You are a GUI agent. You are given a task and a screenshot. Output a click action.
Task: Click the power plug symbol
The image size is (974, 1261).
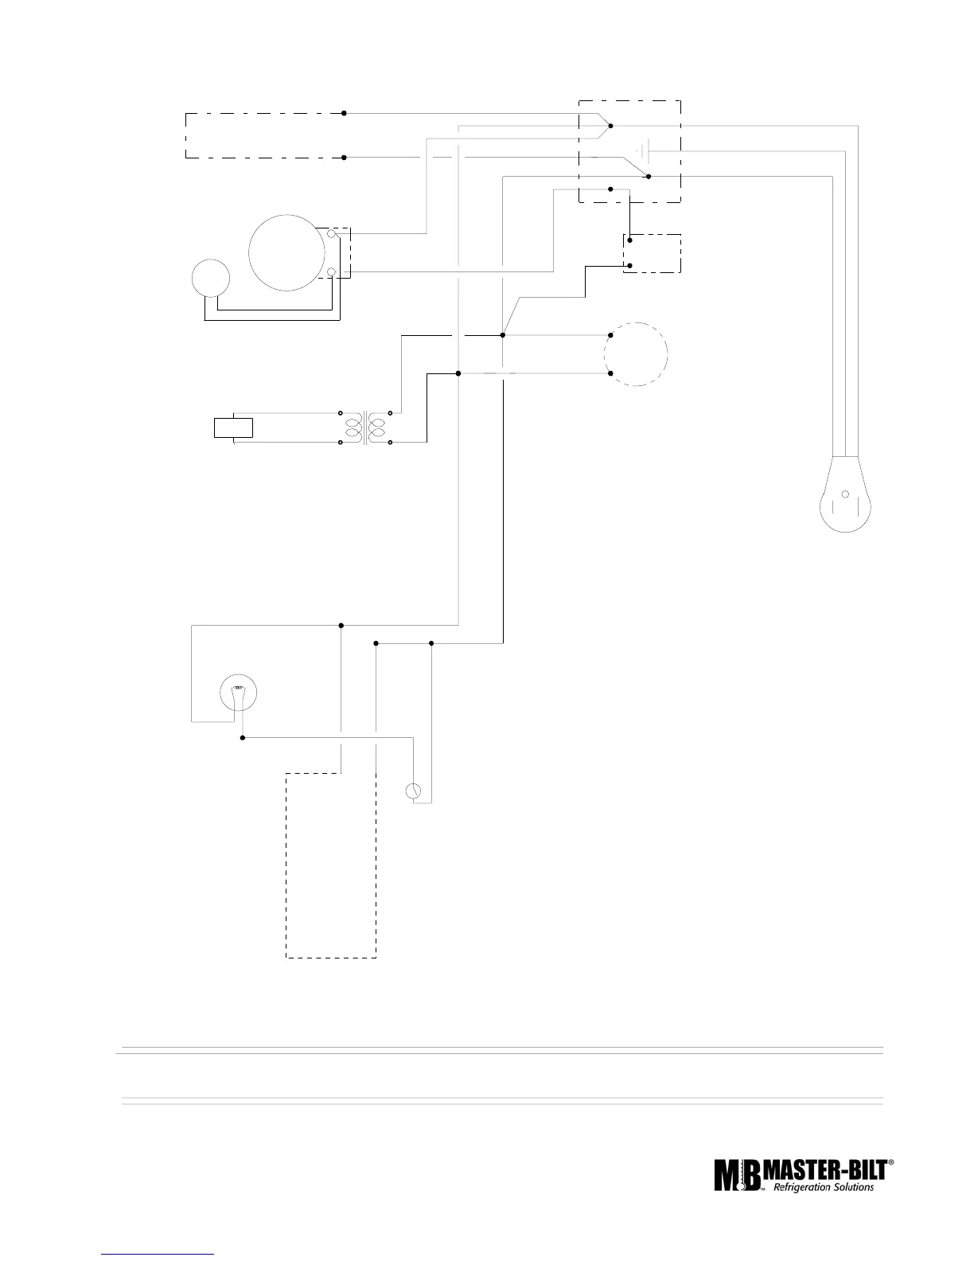coord(845,498)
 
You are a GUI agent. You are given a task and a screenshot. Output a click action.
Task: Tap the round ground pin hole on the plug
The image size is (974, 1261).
coord(845,494)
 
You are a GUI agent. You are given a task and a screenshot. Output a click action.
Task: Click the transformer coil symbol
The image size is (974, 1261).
coord(365,427)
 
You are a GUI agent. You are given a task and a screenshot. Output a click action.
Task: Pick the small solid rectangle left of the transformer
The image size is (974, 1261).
coord(234,427)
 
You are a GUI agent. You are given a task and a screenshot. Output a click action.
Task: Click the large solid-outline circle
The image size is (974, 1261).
coord(287,252)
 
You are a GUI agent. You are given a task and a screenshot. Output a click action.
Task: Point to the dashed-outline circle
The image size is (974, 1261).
coord(635,354)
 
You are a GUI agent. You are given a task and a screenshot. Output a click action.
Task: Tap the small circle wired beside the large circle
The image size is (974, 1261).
coord(211,278)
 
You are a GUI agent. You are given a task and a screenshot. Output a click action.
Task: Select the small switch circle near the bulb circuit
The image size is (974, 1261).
coord(413,791)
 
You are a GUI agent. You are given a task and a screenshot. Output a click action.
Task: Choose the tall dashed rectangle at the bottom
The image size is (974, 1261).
coord(331,865)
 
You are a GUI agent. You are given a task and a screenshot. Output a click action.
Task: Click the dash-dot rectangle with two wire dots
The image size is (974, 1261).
coord(264,135)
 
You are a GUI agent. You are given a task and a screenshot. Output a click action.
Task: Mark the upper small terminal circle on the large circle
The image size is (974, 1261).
coord(331,234)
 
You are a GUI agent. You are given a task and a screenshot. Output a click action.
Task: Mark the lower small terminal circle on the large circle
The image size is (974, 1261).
coord(331,273)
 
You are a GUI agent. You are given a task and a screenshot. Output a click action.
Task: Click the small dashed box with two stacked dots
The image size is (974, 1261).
coord(651,253)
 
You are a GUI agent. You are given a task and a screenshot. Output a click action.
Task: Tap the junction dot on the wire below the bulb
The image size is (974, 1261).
coord(243,738)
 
